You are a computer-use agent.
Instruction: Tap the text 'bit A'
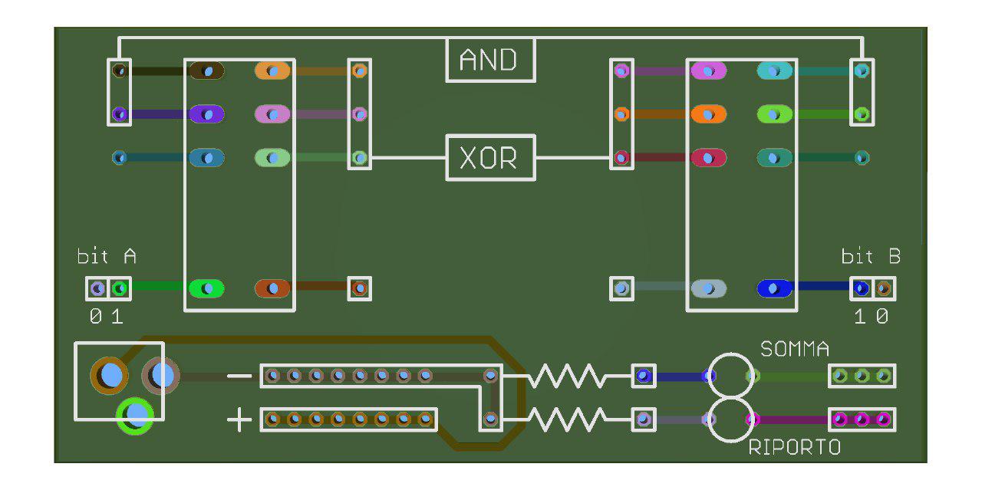(107, 256)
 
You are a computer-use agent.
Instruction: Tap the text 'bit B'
(871, 256)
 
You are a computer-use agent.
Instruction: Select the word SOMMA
(795, 350)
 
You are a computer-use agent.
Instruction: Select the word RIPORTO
(794, 448)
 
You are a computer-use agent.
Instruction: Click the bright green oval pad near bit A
(206, 288)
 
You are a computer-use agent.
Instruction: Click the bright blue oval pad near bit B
(774, 288)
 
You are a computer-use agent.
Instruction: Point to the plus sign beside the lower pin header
(239, 419)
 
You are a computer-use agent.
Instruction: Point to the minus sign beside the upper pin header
(239, 376)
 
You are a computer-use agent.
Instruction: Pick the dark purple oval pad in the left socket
(206, 114)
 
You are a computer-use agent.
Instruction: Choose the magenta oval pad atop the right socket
(709, 71)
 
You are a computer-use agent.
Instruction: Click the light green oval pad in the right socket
(775, 114)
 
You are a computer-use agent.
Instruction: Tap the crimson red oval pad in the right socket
(709, 158)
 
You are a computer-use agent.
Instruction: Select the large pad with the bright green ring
(135, 416)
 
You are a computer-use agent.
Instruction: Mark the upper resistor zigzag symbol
(566, 376)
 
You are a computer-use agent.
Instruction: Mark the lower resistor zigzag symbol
(566, 419)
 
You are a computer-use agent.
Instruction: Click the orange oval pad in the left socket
(272, 71)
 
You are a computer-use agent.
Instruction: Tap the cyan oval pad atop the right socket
(775, 71)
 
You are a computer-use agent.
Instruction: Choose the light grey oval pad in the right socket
(709, 288)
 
